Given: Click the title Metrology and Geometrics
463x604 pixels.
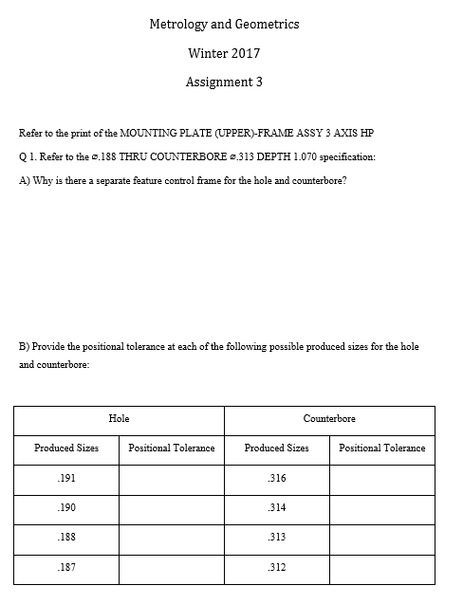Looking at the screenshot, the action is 224,24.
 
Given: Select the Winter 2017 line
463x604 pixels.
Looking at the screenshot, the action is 224,53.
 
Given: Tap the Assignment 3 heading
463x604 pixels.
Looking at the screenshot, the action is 224,82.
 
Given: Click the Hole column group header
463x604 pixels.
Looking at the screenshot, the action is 120,418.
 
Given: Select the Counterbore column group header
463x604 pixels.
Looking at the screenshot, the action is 329,418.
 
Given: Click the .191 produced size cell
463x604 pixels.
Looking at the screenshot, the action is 66,478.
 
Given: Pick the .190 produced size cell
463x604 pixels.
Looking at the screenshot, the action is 66,507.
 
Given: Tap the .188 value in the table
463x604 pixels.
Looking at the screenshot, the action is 66,537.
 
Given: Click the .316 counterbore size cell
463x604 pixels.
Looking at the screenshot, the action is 276,478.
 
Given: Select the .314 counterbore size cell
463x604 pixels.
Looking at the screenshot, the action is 276,507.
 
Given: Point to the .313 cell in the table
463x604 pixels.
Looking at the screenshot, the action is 276,537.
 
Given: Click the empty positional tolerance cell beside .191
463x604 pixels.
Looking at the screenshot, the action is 171,478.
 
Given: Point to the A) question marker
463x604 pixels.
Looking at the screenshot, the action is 26,180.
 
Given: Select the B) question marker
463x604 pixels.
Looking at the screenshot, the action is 26,346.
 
